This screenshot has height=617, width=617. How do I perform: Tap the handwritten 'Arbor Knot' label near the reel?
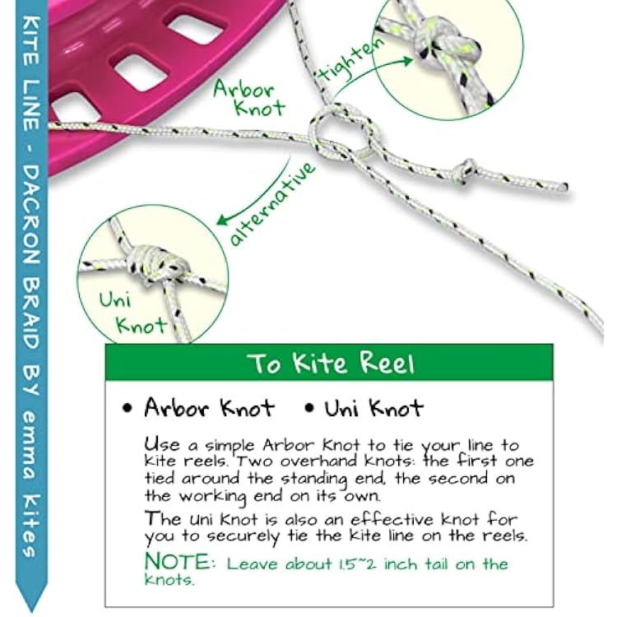click(x=249, y=99)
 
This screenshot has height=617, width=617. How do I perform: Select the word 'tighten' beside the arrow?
click(x=350, y=59)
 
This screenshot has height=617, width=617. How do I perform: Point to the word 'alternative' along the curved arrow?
click(x=272, y=204)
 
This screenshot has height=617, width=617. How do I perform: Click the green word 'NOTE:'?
click(x=180, y=562)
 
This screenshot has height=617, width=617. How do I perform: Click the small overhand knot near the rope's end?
click(x=466, y=169)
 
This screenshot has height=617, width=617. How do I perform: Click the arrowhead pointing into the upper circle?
click(x=406, y=60)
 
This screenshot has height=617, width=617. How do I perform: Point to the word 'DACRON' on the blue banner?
click(x=31, y=215)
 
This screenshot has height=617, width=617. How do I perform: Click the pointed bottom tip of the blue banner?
click(x=31, y=612)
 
